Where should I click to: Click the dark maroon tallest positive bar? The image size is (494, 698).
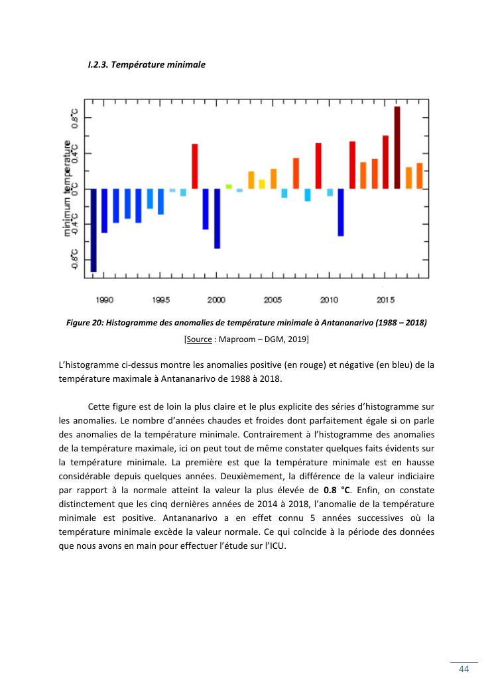397,147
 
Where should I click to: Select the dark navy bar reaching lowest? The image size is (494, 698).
93,230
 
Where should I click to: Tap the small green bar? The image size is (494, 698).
229,187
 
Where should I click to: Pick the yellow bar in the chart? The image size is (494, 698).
262,184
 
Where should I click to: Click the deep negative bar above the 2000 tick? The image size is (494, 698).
217,219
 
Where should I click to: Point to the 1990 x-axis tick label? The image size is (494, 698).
105,300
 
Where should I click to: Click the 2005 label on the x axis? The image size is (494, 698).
273,300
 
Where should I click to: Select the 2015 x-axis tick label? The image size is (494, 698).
386,300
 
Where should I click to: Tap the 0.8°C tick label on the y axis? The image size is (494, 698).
75,119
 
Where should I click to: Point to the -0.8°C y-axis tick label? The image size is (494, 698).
75,259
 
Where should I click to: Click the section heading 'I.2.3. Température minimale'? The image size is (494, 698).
147,65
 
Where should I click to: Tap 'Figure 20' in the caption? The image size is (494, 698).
85,323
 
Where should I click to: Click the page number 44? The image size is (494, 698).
464,669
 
